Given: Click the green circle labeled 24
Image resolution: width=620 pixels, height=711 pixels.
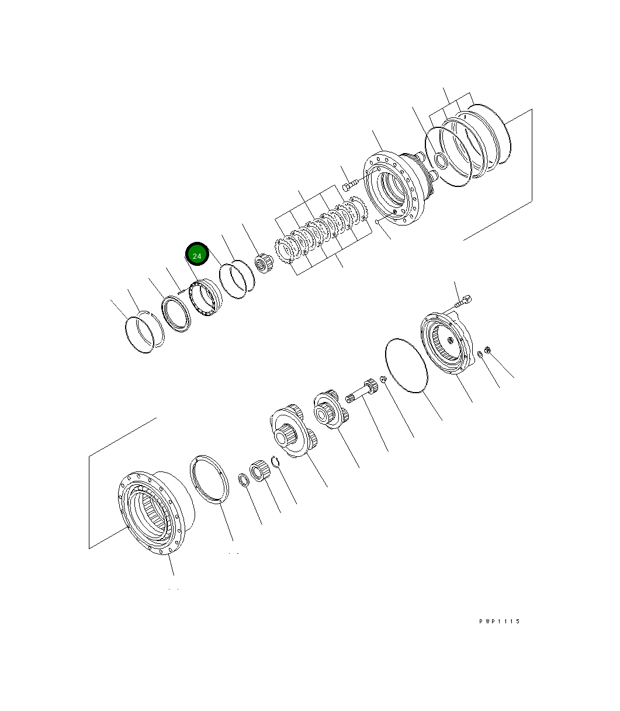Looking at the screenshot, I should [197, 256].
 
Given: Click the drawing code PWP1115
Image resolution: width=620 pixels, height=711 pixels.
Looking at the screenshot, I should [499, 622].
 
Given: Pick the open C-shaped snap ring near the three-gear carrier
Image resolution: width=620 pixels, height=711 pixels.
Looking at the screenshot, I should [277, 462].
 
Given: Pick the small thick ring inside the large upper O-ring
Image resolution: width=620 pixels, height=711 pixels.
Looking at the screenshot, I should [442, 160].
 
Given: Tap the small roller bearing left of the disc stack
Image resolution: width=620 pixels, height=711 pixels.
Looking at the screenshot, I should [264, 264].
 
